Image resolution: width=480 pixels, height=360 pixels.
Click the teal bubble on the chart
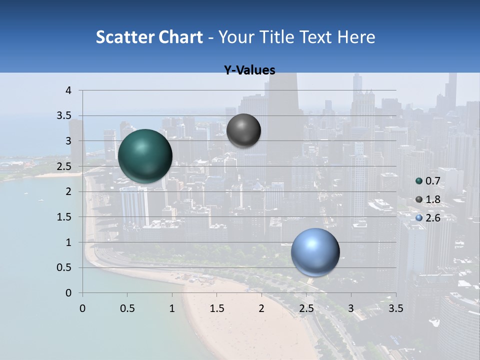pyautogui.click(x=145, y=155)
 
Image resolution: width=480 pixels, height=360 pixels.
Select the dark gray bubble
pyautogui.click(x=243, y=130)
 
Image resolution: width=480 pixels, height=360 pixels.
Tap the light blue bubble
pyautogui.click(x=315, y=252)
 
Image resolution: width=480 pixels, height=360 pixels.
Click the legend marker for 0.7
pyautogui.click(x=419, y=181)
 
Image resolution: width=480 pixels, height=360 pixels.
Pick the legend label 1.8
pyautogui.click(x=432, y=199)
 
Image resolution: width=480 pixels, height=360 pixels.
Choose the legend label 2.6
pyautogui.click(x=432, y=218)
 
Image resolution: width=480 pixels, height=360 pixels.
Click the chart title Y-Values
pyautogui.click(x=249, y=70)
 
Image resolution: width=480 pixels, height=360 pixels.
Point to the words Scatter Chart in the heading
pyautogui.click(x=149, y=37)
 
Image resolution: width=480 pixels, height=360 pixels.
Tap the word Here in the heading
pyautogui.click(x=356, y=37)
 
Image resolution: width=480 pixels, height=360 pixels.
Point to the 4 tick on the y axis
pyautogui.click(x=68, y=90)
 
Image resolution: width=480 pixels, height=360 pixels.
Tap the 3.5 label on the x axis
pyautogui.click(x=396, y=308)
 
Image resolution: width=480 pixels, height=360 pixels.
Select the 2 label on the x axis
pyautogui.click(x=261, y=308)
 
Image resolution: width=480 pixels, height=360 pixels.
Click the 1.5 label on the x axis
pyautogui.click(x=216, y=308)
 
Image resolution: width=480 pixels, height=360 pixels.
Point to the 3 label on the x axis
pyautogui.click(x=351, y=308)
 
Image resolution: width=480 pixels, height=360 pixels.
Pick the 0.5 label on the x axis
pyautogui.click(x=127, y=308)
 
